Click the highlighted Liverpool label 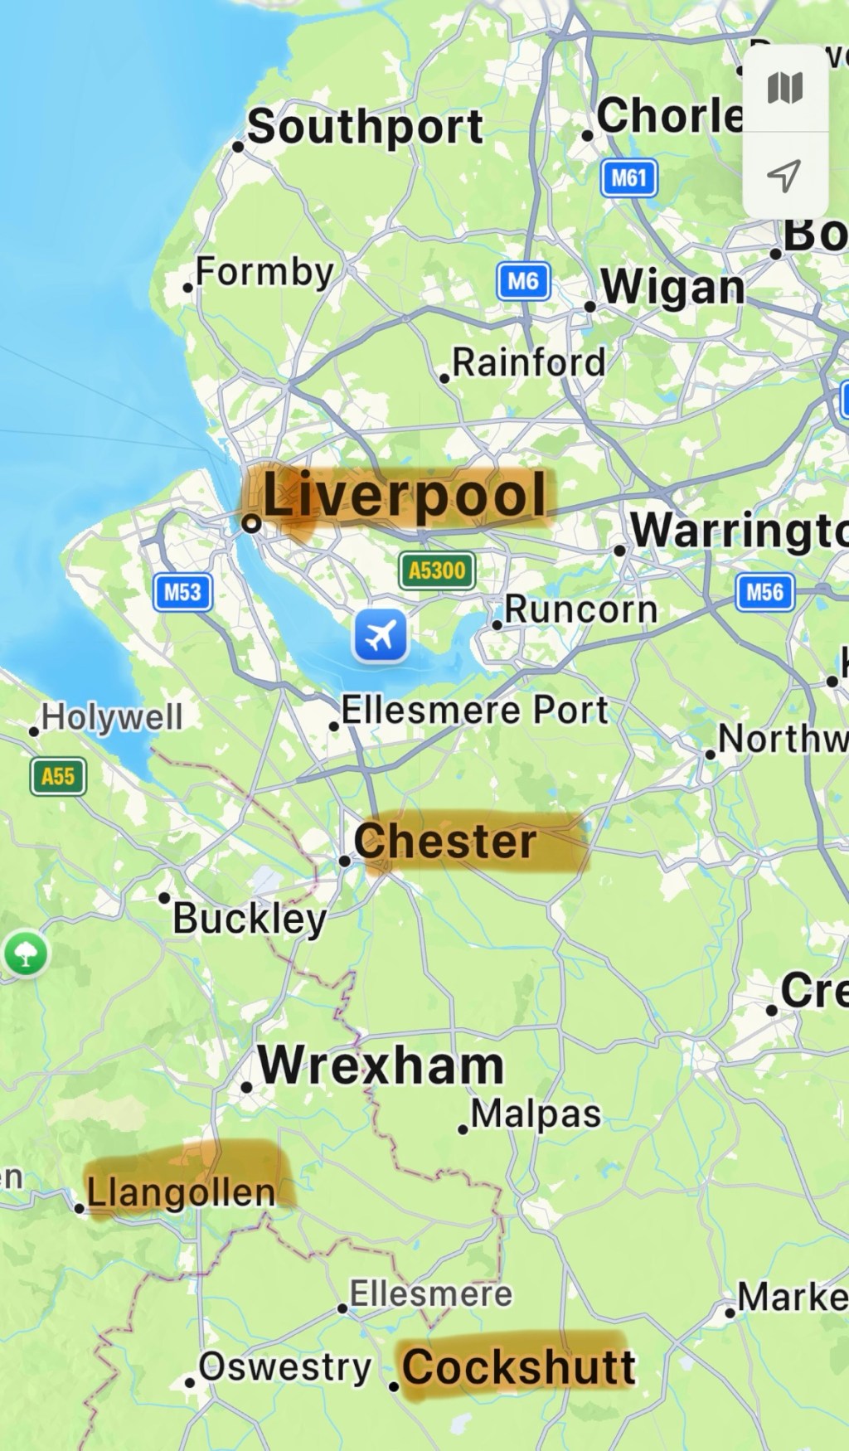pos(404,496)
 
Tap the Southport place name pos(365,127)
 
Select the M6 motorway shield pos(523,281)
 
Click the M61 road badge pos(628,178)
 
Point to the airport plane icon pos(381,636)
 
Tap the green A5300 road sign pos(437,570)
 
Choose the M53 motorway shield pos(182,592)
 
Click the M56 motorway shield pos(764,592)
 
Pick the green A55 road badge pos(58,777)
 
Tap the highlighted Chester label pos(445,842)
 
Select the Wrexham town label pos(381,1065)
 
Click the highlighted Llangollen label pos(181,1192)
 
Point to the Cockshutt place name pos(519,1366)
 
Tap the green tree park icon pos(27,954)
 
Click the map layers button pos(784,88)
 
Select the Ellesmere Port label pos(474,711)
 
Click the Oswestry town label pos(284,1367)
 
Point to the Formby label pos(264,271)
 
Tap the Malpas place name pos(536,1114)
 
